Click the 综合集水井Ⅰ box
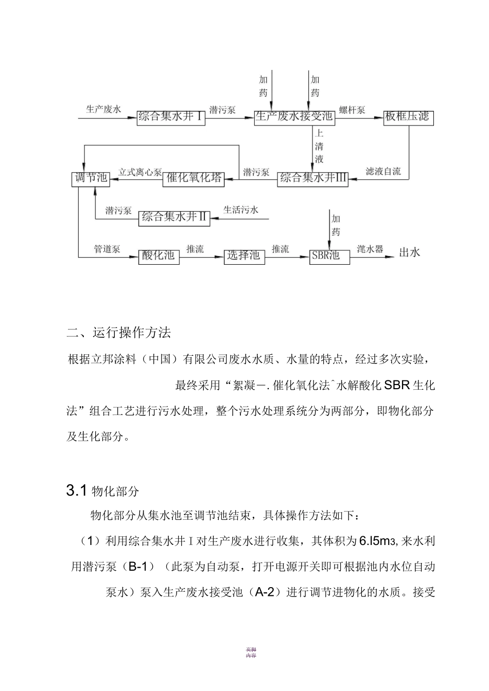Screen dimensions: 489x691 tap(171, 117)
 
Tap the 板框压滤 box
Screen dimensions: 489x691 tap(408, 117)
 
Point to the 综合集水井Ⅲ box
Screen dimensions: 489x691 tap(312, 178)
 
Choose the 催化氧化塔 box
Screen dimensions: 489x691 tap(194, 178)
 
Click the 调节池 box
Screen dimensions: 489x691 tap(91, 178)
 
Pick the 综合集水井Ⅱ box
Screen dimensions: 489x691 tap(174, 217)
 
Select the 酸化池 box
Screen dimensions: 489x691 tap(159, 256)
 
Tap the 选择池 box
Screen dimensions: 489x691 tap(244, 256)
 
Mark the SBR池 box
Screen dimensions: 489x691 tap(329, 256)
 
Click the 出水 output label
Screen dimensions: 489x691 tap(410, 252)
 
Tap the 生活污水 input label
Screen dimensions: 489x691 tap(241, 210)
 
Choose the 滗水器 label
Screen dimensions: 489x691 tap(370, 249)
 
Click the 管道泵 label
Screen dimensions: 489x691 tap(107, 249)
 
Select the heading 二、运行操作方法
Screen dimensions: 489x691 tap(119, 333)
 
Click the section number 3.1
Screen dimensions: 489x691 tap(76, 491)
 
